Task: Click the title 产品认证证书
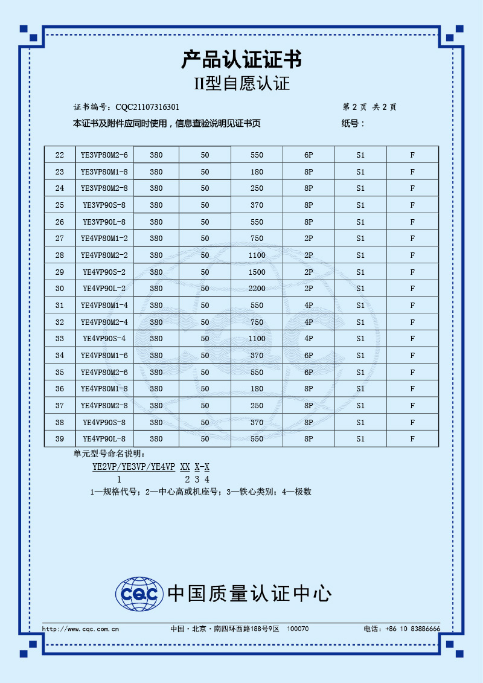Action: (241, 60)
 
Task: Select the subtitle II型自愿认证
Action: (241, 84)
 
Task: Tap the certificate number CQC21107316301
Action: (147, 107)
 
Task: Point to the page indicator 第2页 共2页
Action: (369, 107)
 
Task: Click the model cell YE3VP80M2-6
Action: (104, 155)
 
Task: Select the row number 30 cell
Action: (59, 289)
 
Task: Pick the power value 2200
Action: (257, 289)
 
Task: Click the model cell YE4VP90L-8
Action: (104, 439)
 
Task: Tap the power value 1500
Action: (257, 272)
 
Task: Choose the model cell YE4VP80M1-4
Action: (104, 306)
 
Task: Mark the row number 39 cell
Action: (59, 439)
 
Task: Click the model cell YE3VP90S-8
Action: (104, 205)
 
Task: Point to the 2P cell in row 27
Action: (309, 239)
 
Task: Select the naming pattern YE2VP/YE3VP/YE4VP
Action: (133, 467)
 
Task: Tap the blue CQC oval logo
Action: (139, 594)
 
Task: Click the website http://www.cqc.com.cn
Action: (80, 629)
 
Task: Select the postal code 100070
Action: (298, 629)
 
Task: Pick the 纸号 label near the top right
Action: (353, 124)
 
